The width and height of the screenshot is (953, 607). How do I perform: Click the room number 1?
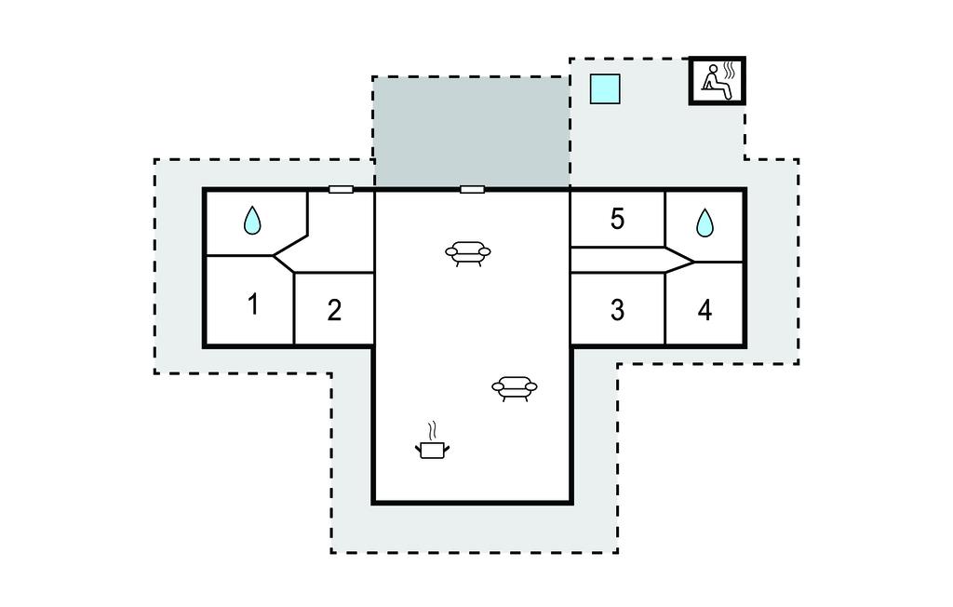(x=253, y=303)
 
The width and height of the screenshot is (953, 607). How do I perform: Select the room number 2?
(x=334, y=310)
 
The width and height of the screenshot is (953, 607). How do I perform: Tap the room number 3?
(x=617, y=310)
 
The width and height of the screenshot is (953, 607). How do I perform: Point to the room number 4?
(x=705, y=310)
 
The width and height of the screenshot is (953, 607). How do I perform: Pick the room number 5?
(x=617, y=219)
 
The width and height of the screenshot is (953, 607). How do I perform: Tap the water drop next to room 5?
(x=705, y=223)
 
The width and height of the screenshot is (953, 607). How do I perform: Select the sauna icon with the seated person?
(x=718, y=81)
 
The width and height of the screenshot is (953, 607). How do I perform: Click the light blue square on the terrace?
(x=605, y=88)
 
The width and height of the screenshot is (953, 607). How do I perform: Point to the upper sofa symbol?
(x=468, y=253)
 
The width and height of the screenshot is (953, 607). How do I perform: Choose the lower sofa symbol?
(x=515, y=388)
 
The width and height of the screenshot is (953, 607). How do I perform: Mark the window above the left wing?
(x=341, y=189)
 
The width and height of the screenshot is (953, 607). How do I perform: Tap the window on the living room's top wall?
(x=472, y=189)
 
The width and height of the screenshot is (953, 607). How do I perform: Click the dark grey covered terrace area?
(x=472, y=132)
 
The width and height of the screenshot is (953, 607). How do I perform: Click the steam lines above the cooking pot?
(x=432, y=431)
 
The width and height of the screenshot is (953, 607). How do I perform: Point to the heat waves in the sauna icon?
(x=732, y=71)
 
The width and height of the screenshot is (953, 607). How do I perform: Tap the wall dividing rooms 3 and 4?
(x=665, y=309)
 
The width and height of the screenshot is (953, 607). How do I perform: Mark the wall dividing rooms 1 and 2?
(x=294, y=309)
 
